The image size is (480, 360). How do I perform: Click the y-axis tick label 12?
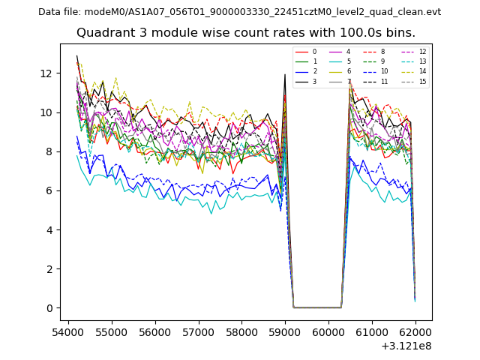pos(47,73)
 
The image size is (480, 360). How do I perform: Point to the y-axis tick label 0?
pos(50,308)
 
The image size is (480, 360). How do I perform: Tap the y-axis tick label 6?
pos(50,191)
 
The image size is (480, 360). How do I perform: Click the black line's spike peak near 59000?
pos(285,74)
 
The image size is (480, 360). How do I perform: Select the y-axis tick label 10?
pos(47,112)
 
